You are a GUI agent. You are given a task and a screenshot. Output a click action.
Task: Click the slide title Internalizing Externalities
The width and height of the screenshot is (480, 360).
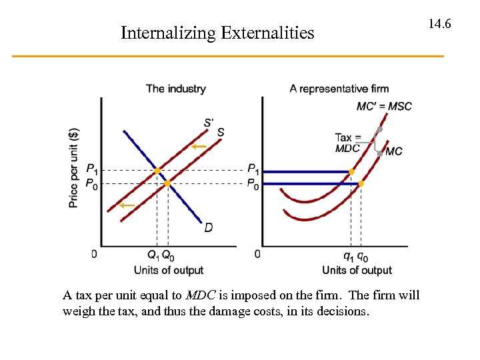(x=217, y=33)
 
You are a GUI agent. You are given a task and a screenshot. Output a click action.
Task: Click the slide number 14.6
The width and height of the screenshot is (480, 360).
(x=440, y=24)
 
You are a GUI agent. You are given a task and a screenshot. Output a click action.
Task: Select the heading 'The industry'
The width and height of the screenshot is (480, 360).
(x=175, y=89)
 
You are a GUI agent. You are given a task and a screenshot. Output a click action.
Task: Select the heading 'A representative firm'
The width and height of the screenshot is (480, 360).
(x=339, y=89)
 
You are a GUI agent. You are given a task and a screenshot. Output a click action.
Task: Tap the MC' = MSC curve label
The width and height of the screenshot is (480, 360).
(x=384, y=106)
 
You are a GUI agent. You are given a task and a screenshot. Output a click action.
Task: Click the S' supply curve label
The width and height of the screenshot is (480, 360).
(x=209, y=122)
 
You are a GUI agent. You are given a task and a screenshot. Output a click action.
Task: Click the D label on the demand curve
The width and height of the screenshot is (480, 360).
(x=209, y=229)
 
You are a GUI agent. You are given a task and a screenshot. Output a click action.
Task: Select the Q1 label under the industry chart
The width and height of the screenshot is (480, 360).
(x=153, y=255)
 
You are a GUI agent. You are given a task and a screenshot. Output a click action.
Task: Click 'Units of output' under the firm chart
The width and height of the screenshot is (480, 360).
(x=357, y=270)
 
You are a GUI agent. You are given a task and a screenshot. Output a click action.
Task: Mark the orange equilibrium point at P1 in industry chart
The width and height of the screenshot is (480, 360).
(x=157, y=171)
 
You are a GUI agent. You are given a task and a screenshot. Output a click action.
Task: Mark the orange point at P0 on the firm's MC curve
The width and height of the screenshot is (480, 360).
(x=361, y=183)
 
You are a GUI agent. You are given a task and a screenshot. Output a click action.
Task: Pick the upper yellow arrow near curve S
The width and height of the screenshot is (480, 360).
(x=199, y=147)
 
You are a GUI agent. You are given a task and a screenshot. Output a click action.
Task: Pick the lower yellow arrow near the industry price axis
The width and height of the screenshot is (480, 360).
(x=127, y=205)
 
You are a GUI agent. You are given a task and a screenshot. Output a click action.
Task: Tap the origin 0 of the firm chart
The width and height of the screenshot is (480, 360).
(x=257, y=254)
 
